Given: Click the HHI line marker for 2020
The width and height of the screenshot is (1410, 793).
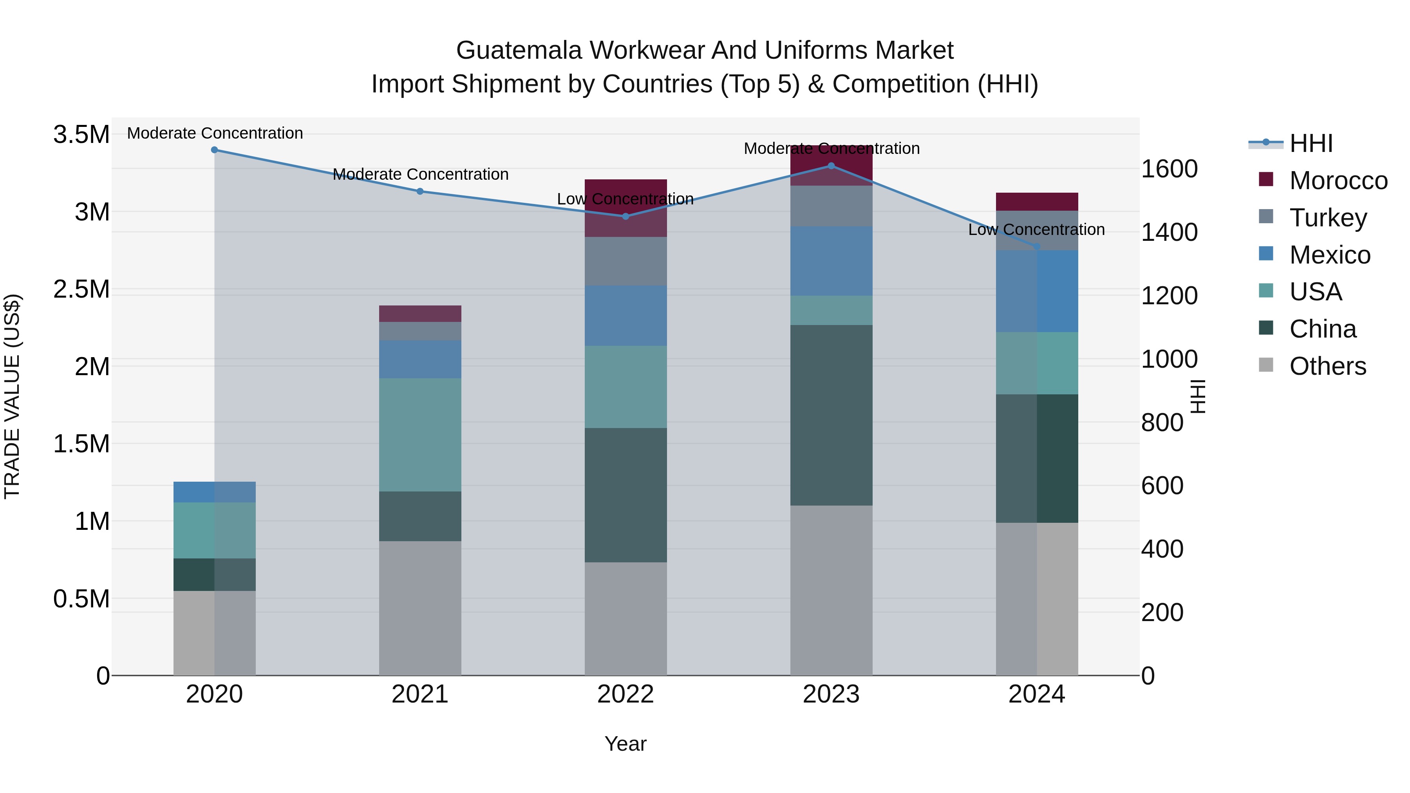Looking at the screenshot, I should tap(215, 150).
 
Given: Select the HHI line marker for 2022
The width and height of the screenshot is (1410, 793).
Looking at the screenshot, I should tap(625, 216).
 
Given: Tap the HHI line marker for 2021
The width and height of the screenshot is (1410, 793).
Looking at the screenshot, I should tap(420, 191).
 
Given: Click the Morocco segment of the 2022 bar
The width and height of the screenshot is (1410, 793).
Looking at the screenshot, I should tap(625, 208).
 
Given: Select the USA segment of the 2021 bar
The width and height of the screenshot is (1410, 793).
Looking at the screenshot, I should tap(420, 435).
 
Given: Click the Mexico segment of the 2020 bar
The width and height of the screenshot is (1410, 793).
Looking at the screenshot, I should tap(215, 492).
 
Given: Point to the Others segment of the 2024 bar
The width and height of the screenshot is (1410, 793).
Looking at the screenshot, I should tap(1037, 599).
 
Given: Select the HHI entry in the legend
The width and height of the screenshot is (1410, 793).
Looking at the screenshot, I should tap(1311, 143).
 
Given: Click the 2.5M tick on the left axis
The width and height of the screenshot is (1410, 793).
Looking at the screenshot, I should tap(81, 289).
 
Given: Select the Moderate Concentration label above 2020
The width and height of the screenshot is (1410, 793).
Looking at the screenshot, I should tap(215, 133).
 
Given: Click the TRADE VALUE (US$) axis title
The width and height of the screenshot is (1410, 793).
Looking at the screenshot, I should tap(13, 396).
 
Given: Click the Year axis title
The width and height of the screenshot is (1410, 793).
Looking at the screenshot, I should tap(625, 744).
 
